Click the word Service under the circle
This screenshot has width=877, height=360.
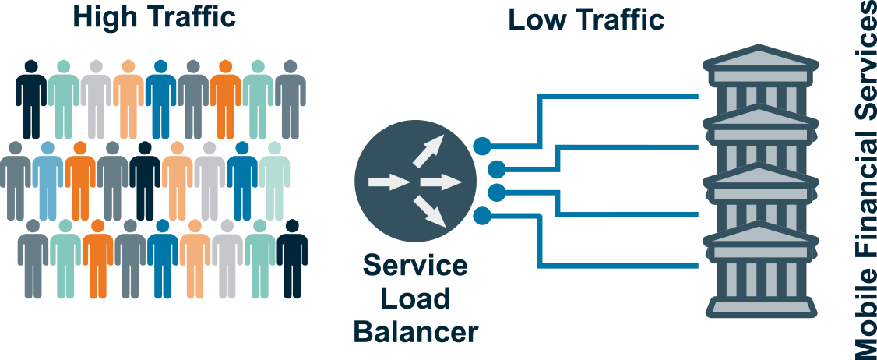pos(415,266)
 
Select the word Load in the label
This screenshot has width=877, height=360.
pos(416,299)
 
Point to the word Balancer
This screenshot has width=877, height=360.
pos(415,332)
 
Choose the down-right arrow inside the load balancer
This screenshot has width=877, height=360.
pos(430,210)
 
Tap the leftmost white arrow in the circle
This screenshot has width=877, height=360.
pos(389,183)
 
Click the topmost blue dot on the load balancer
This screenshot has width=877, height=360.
pos(482,145)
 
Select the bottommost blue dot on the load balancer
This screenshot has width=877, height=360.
pos(482,214)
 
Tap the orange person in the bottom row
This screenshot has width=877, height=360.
pos(97,257)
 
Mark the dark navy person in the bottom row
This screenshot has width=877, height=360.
pos(292,257)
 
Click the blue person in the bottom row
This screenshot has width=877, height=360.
pos(163,257)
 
